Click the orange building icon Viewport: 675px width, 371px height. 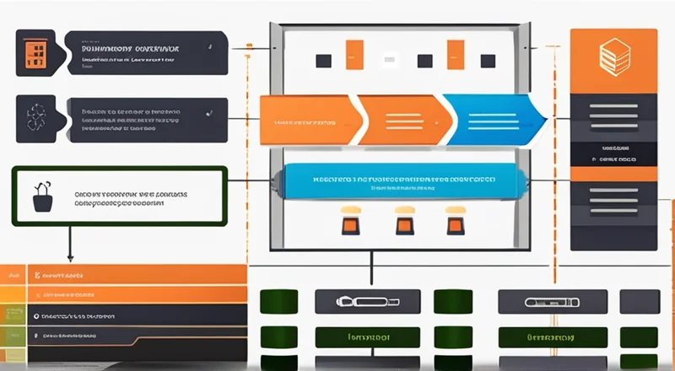(35, 53)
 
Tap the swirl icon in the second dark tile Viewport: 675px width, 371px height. (36, 117)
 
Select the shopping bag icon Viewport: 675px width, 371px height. (40, 197)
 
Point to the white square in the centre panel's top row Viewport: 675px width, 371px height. (391, 61)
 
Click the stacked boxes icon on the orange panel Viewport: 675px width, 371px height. (613, 56)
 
